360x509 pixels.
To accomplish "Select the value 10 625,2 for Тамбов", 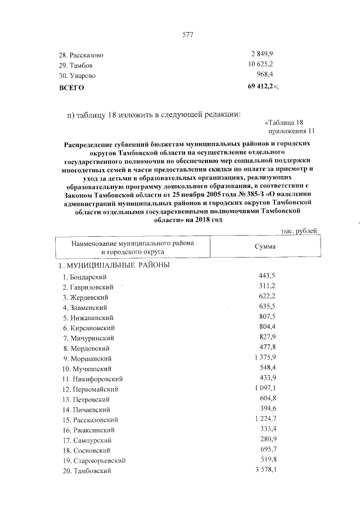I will pos(261,65).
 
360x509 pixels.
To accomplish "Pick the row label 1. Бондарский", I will pos(84,277).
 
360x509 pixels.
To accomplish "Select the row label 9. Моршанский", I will pos(87,358).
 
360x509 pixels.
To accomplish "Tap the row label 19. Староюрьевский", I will pos(93,460).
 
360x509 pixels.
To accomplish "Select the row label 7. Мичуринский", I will pos(88,337).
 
